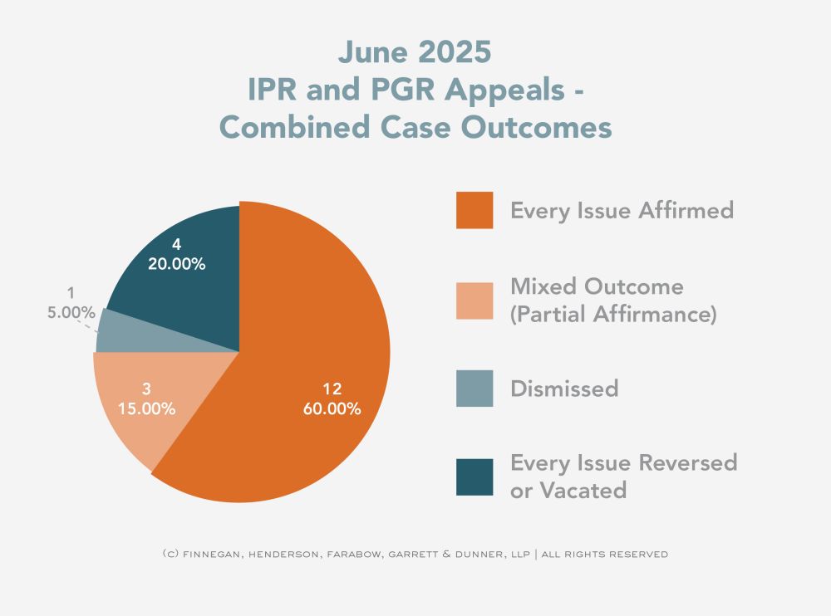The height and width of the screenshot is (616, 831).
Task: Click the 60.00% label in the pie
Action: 332,408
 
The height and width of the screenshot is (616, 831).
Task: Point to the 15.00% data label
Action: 146,408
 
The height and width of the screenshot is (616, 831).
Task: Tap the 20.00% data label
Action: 177,264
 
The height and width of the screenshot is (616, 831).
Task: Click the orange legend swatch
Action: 475,210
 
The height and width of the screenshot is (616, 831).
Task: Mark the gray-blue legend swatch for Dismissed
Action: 475,389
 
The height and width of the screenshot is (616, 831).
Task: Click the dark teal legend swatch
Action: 475,477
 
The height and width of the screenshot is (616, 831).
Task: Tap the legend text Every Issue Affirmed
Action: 622,210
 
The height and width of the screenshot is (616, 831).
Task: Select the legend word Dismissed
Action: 564,389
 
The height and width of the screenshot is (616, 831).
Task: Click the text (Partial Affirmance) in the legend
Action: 613,315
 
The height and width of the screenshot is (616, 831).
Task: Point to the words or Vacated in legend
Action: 568,490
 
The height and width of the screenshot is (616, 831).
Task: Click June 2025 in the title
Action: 415,52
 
